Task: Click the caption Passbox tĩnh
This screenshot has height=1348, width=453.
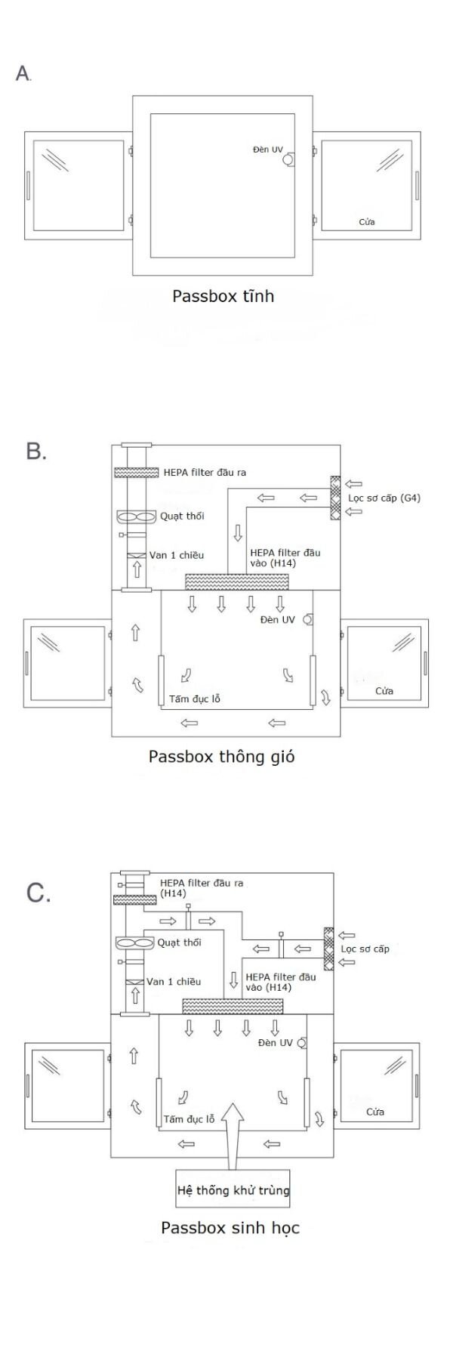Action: pos(223,296)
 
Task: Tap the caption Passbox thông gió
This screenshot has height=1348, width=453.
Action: pos(221,756)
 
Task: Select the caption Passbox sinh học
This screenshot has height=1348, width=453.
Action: pos(230,1228)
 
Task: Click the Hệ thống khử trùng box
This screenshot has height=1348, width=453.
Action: pos(233,1191)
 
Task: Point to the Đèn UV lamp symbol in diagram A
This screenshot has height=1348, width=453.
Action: pos(290,159)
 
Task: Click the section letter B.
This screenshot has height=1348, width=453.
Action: pos(36,452)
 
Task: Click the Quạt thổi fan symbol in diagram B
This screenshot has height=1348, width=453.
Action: pos(136,517)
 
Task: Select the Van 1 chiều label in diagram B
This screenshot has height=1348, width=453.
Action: pos(176,555)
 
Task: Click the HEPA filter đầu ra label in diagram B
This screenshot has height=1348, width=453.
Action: pos(205,473)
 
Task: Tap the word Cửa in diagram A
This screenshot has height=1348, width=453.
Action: pos(366,222)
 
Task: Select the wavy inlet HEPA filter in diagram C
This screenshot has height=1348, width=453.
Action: pos(233,1006)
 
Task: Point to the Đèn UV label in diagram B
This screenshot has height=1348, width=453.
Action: pos(277,620)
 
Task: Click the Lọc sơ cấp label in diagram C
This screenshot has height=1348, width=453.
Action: pos(365,949)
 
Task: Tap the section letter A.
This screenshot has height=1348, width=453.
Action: pos(23,73)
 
